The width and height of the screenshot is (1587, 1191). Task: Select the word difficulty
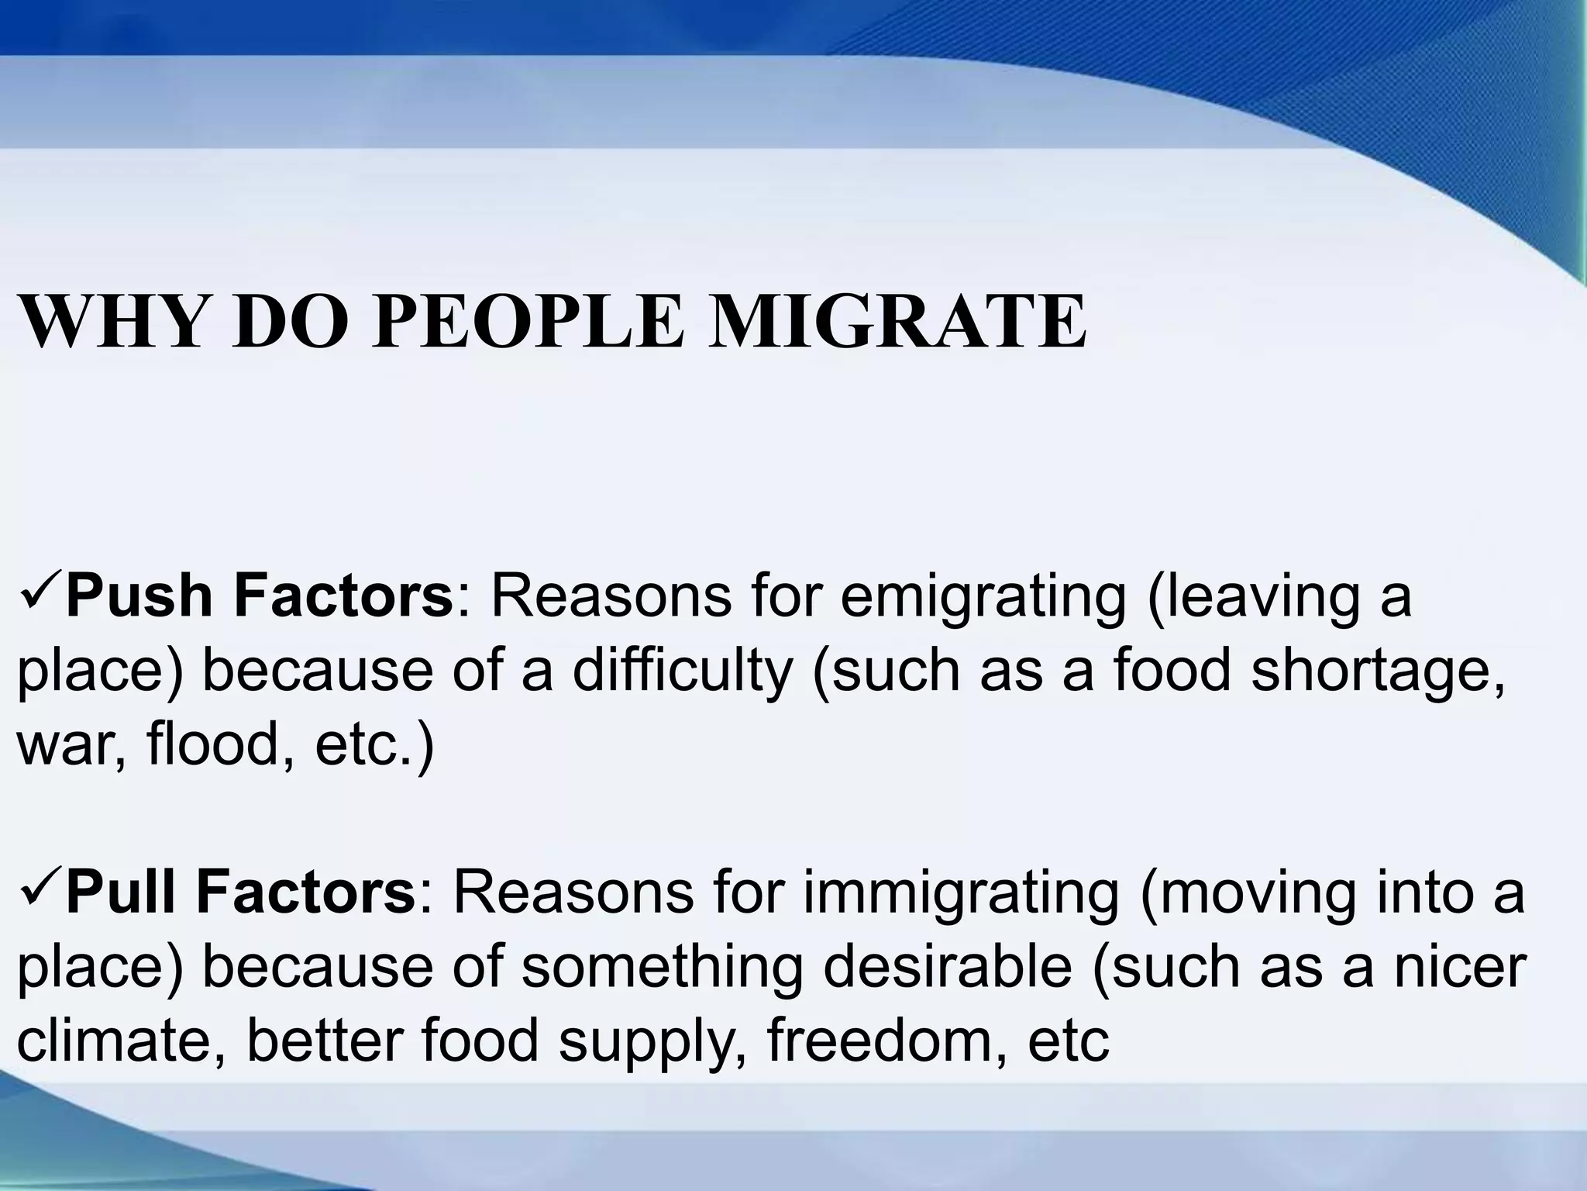tap(683, 671)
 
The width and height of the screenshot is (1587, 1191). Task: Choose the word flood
tap(220, 744)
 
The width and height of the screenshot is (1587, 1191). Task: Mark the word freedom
tap(883, 1042)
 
